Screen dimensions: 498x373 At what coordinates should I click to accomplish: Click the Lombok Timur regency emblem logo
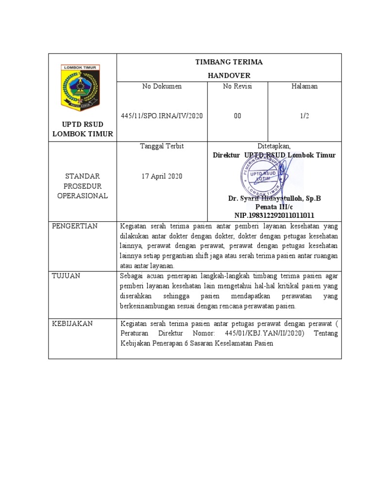coord(80,87)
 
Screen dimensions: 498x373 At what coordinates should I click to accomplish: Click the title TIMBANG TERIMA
coord(229,62)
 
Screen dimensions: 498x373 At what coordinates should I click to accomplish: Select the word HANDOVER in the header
coord(229,75)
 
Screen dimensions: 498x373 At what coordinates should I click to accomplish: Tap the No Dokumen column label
coord(162,86)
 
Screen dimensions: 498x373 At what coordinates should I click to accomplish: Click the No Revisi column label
coord(237,86)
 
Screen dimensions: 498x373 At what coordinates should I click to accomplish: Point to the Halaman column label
coord(305,86)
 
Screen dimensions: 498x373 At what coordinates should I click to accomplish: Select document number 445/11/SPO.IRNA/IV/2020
coord(162,116)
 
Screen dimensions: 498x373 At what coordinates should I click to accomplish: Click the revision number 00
coord(237,116)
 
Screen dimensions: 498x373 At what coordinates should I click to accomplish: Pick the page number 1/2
coord(305,116)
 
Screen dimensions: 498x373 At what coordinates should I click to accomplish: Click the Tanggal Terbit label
coord(162,146)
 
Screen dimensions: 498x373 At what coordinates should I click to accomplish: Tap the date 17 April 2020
coord(162,176)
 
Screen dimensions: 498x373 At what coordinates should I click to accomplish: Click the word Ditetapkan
coord(274,146)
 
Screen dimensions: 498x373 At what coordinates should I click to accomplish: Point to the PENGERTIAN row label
coord(75,226)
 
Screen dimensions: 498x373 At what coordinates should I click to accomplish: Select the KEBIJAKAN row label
coord(72,323)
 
